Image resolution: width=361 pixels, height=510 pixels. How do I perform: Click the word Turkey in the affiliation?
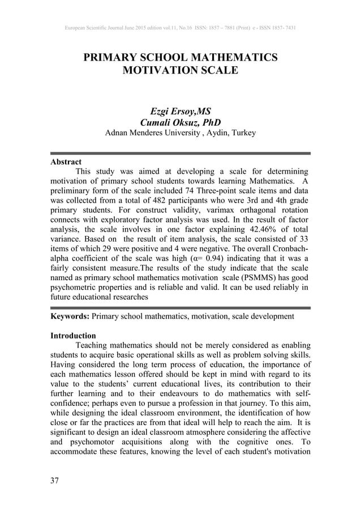point(242,134)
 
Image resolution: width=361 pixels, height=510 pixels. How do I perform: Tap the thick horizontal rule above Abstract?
point(180,153)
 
